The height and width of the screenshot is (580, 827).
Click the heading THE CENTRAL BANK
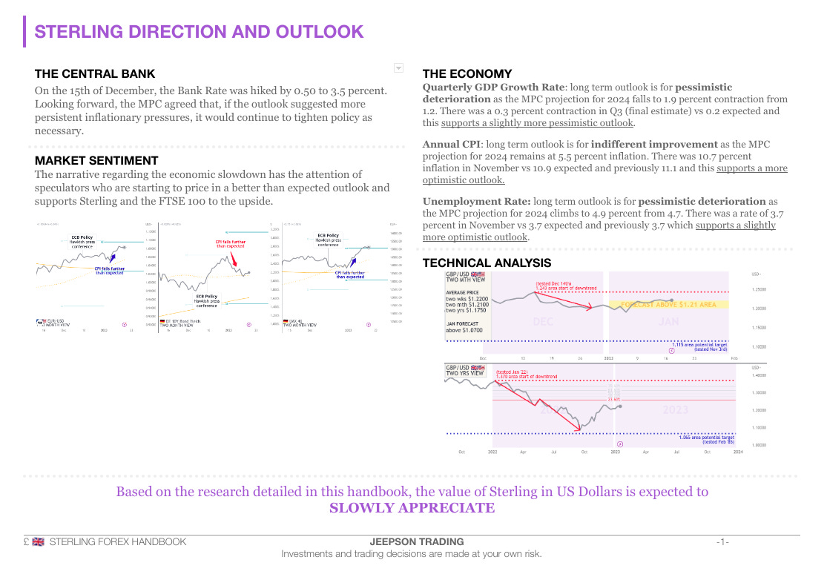[x=95, y=74]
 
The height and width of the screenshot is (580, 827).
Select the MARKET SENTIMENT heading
[x=96, y=160]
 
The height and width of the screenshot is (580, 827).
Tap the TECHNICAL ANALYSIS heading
[x=487, y=263]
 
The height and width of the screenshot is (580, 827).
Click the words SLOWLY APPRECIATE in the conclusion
[x=412, y=508]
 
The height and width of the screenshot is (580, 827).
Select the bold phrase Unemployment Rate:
[x=476, y=202]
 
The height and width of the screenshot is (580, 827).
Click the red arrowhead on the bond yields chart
[x=235, y=265]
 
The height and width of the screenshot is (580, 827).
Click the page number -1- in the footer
[x=722, y=542]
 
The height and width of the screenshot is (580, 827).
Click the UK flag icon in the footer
[x=39, y=542]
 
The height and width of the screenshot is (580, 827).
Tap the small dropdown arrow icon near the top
[x=398, y=68]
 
